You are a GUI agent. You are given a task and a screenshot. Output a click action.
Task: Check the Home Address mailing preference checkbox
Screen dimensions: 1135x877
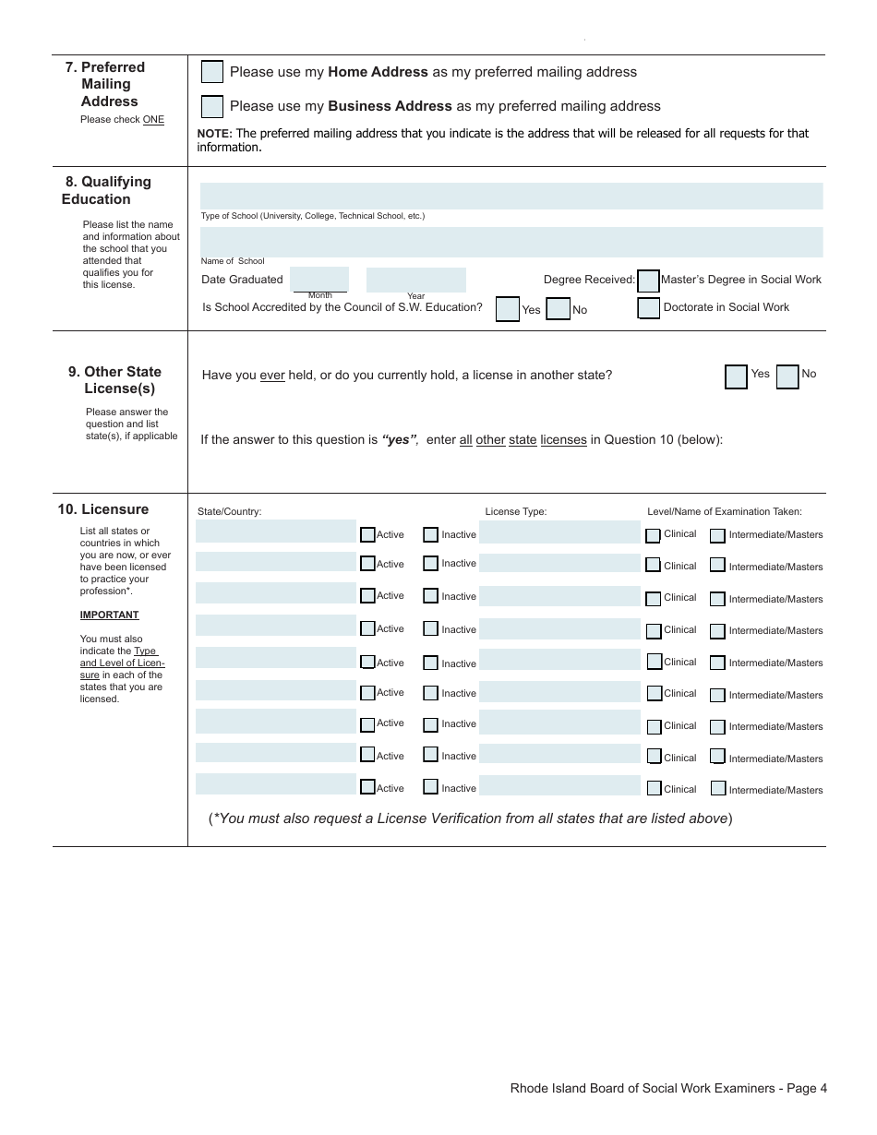pos(212,72)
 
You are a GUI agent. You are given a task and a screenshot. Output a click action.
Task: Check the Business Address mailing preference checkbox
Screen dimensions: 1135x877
pos(212,106)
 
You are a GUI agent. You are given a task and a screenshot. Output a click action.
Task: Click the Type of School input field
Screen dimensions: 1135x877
pos(511,196)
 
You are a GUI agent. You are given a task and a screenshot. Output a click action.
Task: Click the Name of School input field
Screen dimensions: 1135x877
pos(511,242)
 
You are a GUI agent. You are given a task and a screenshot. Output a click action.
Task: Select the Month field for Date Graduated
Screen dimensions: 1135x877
pos(319,279)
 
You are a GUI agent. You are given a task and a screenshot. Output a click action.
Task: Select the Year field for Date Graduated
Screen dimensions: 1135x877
pos(416,280)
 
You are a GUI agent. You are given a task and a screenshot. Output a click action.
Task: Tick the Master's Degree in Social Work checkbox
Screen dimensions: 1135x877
pos(649,281)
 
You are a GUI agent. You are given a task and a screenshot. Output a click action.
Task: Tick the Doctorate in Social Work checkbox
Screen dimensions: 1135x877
pos(649,308)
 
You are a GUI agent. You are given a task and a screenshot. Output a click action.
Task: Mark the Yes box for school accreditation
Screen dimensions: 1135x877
pos(508,309)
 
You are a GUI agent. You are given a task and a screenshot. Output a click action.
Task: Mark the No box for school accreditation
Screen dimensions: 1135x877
pos(559,309)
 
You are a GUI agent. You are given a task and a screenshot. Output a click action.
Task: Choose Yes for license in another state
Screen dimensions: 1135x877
pos(736,376)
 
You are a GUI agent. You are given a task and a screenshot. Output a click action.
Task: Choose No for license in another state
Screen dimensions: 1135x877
pos(787,376)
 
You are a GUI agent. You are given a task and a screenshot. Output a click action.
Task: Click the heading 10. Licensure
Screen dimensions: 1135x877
pos(102,509)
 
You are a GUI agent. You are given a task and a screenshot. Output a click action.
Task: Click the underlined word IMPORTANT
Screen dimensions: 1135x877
pos(109,615)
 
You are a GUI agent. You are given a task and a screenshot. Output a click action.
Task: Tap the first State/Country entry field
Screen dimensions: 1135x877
pos(275,532)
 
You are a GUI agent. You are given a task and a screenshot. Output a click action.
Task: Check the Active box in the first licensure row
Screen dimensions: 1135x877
pos(367,534)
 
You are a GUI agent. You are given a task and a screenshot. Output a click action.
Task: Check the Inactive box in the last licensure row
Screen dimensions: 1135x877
pos(430,787)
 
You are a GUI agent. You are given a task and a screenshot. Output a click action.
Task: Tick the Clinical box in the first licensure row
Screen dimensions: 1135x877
pos(654,535)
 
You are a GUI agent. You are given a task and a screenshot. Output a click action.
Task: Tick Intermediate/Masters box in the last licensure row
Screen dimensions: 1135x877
pos(717,788)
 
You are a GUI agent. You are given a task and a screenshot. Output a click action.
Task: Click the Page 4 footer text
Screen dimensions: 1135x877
pos(668,1088)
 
